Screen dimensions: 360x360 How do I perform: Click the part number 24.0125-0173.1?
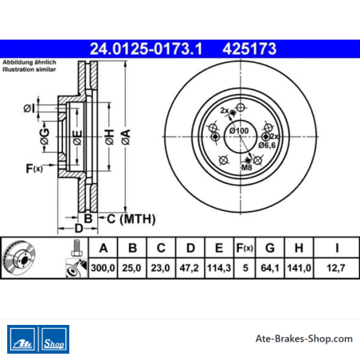(x=146, y=49)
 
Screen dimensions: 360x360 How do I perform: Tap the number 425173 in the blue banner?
(x=249, y=49)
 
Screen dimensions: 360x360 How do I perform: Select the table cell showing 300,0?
(x=103, y=268)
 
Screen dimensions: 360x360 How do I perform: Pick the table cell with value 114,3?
(x=219, y=268)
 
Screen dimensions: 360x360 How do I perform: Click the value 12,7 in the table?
(x=336, y=268)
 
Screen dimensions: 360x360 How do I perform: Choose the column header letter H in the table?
(x=299, y=248)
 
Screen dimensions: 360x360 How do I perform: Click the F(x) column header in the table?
(x=245, y=248)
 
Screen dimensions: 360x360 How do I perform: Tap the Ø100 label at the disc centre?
(x=239, y=131)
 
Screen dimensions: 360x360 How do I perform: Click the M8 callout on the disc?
(x=247, y=167)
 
